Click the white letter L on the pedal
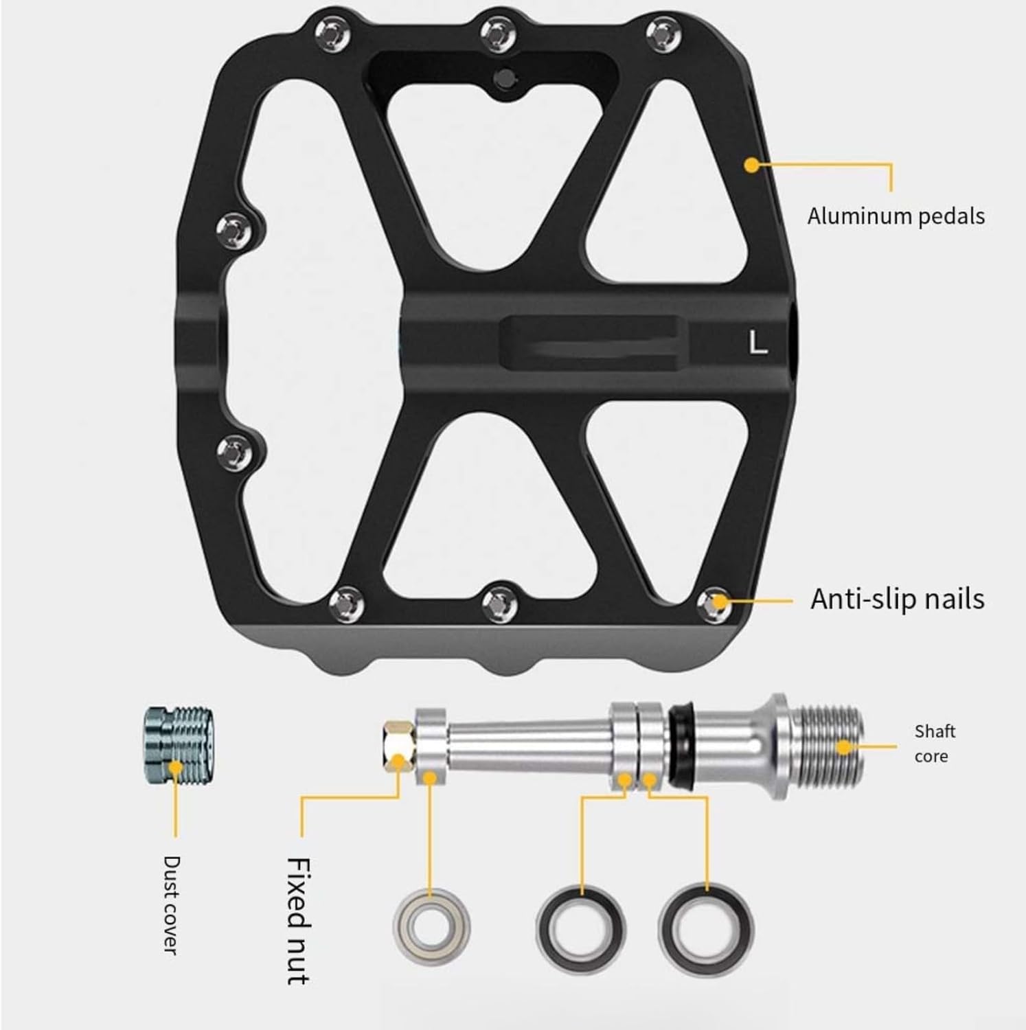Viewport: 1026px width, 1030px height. point(757,342)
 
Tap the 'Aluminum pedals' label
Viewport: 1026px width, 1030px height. point(896,216)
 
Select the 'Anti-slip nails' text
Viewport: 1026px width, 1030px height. point(897,599)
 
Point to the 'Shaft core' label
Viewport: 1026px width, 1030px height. point(935,744)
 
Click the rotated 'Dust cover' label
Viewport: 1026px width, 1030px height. point(171,904)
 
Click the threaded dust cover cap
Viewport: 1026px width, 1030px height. point(180,746)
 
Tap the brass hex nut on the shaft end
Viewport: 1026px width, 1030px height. point(398,746)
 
